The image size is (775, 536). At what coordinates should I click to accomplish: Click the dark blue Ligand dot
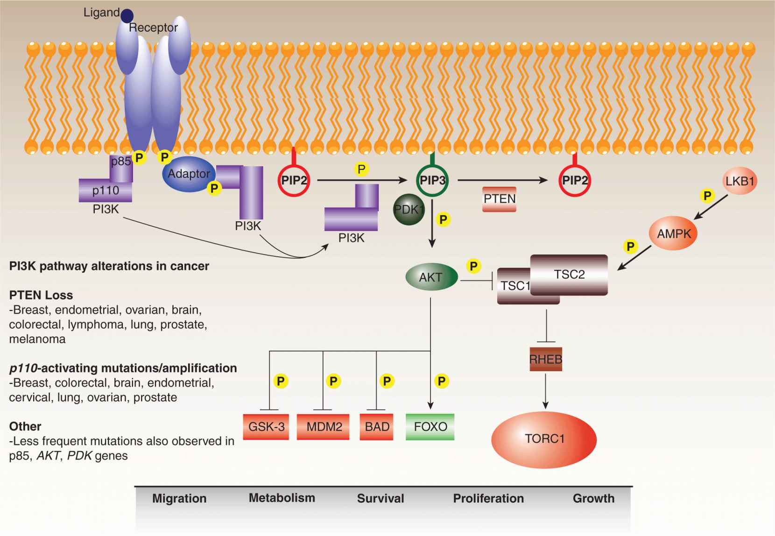coord(127,16)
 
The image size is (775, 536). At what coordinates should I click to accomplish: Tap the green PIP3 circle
coord(432,180)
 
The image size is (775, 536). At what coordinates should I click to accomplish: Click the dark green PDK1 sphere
coord(409,210)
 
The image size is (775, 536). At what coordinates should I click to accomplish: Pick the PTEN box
coord(499,199)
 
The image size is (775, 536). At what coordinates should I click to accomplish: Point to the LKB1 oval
coord(740,181)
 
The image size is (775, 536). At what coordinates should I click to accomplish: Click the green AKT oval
coord(431,277)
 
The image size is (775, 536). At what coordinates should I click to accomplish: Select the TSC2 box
coord(569,275)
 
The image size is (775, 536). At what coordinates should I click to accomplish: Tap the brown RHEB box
coord(546,360)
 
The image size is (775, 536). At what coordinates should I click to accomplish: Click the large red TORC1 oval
coord(544,439)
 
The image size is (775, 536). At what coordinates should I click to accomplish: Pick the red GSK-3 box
coord(267,427)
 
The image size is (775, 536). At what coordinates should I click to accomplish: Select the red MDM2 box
coord(324,427)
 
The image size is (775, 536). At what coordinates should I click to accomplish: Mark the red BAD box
coord(376,427)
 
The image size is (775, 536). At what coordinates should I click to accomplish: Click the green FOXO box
coord(430,427)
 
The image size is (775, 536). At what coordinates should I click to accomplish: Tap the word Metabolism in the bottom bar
coord(282,498)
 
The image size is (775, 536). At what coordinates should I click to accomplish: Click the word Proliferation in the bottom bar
coord(488,499)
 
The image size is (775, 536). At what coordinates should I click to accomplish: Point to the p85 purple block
coord(121,169)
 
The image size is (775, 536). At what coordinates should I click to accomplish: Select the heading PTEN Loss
coord(41,295)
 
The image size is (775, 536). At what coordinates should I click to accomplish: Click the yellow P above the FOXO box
coord(441,381)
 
